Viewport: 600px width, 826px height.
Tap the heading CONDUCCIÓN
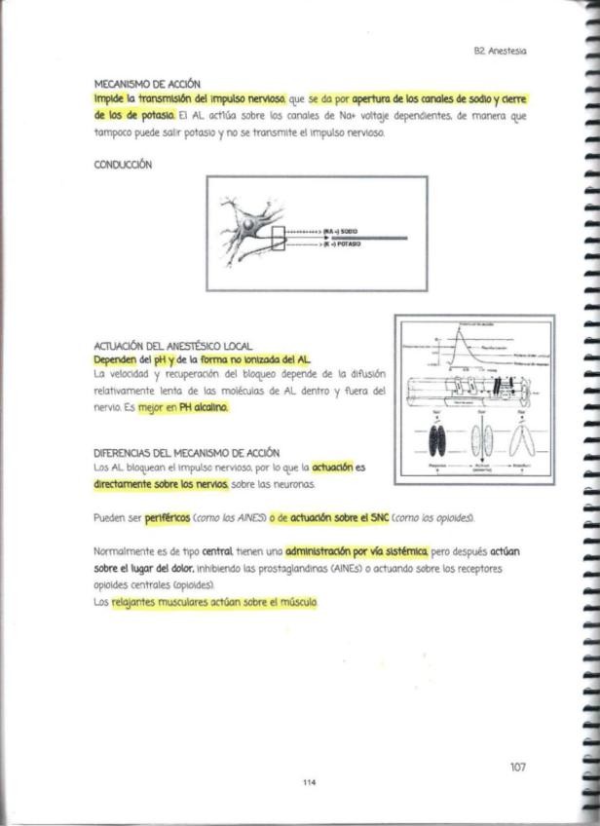pyautogui.click(x=123, y=165)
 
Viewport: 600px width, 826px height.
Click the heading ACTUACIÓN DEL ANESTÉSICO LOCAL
pyautogui.click(x=172, y=346)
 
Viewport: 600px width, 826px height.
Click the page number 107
pyautogui.click(x=517, y=768)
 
